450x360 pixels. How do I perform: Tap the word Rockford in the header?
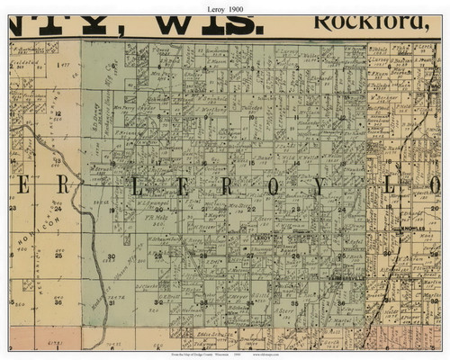356,19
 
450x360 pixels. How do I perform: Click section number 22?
251,208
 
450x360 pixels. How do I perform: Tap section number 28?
203,256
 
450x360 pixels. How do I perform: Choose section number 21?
203,208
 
